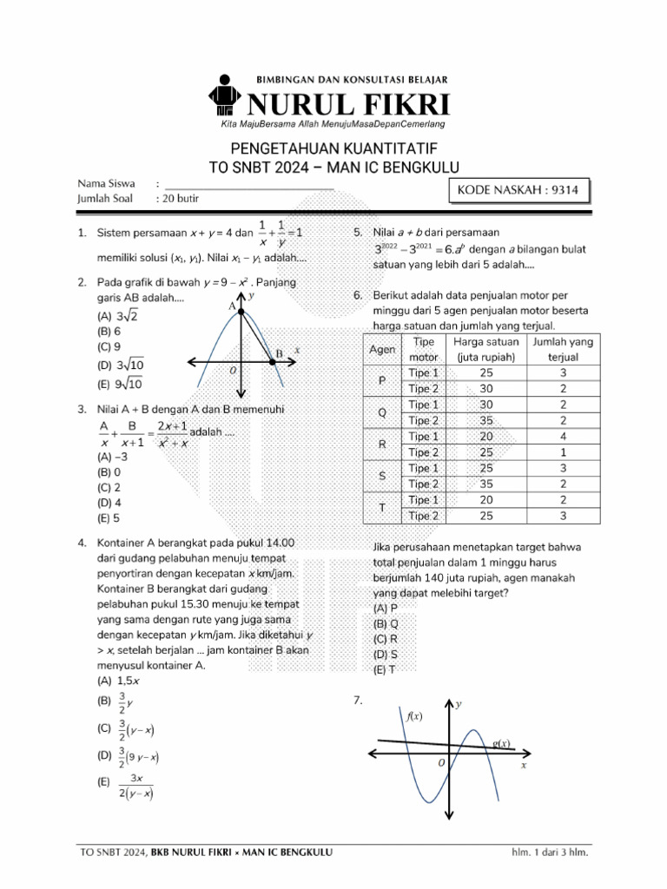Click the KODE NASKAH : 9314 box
518,191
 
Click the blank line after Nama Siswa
249,184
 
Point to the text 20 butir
181,199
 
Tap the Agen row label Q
382,412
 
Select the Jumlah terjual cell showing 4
563,437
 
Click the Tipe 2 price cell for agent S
485,484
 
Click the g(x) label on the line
501,744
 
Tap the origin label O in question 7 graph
441,761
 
